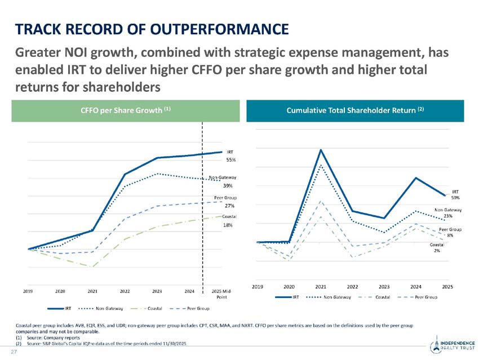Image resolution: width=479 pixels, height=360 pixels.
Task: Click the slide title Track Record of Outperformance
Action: (152, 28)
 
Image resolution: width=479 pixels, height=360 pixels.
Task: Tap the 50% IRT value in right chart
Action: (455, 198)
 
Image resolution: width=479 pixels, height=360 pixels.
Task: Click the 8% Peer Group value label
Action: (451, 235)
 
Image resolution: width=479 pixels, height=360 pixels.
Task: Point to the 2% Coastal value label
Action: (437, 251)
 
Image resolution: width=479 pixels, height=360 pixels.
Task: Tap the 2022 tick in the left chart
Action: (125, 291)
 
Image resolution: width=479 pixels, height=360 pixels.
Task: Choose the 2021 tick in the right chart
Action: (321, 287)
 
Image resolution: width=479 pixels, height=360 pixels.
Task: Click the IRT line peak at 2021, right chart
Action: (321, 150)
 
